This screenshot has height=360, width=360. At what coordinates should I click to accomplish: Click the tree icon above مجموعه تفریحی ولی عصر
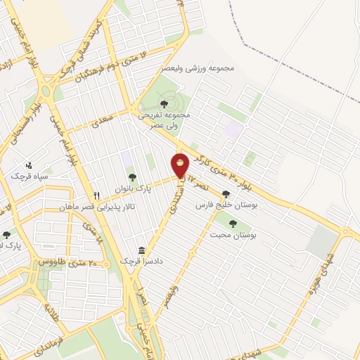point(164,104)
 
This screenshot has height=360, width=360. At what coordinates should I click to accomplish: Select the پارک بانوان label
point(131,188)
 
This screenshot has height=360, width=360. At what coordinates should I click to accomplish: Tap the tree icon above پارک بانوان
point(131,176)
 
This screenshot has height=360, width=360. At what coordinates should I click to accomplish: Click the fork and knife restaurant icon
point(98,195)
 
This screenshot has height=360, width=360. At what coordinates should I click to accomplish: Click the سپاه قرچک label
point(27,174)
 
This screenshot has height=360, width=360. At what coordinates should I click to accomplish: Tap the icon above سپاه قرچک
point(28,164)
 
